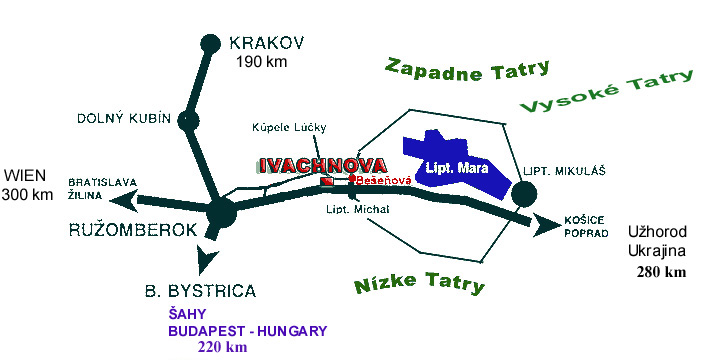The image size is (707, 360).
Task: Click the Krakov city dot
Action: pyautogui.click(x=210, y=43)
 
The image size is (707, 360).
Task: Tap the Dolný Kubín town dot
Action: pyautogui.click(x=188, y=121)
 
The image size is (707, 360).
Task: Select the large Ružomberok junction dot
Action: pyautogui.click(x=220, y=212)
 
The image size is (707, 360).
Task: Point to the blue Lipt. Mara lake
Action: pyautogui.click(x=446, y=160)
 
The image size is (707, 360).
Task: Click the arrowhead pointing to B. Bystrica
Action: pyautogui.click(x=205, y=262)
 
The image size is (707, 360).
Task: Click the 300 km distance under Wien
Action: pyautogui.click(x=27, y=194)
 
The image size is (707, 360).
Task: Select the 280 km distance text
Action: pyautogui.click(x=661, y=271)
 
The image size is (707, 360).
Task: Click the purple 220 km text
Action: pyautogui.click(x=222, y=348)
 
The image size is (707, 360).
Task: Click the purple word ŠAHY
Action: pyautogui.click(x=187, y=315)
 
